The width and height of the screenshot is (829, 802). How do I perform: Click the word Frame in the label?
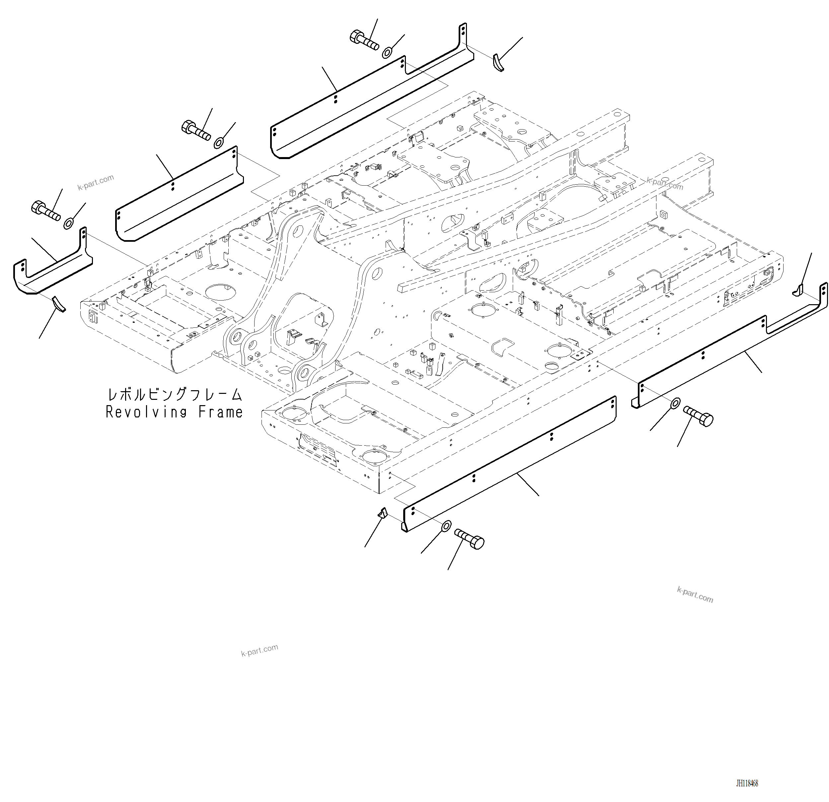pyautogui.click(x=221, y=412)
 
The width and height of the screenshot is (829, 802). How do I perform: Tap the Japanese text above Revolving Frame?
pyautogui.click(x=174, y=395)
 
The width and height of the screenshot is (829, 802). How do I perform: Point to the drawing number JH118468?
pyautogui.click(x=747, y=783)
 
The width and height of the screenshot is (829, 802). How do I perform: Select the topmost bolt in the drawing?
pyautogui.click(x=364, y=41)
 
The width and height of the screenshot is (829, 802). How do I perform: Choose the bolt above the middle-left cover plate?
pyautogui.click(x=196, y=131)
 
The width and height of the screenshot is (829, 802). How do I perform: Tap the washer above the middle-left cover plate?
pyautogui.click(x=219, y=142)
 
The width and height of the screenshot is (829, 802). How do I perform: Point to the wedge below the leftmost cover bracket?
pyautogui.click(x=58, y=304)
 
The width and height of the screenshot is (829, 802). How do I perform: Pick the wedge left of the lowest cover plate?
pyautogui.click(x=383, y=513)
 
